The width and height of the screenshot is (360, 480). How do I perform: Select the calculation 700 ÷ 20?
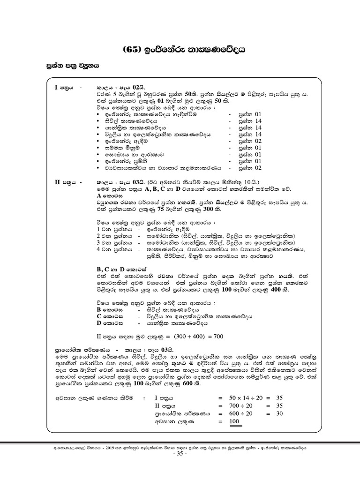tap(246, 405)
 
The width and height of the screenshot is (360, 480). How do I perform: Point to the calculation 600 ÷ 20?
tap(246, 414)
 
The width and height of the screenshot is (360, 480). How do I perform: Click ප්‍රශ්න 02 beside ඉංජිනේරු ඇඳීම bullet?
tap(250, 140)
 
